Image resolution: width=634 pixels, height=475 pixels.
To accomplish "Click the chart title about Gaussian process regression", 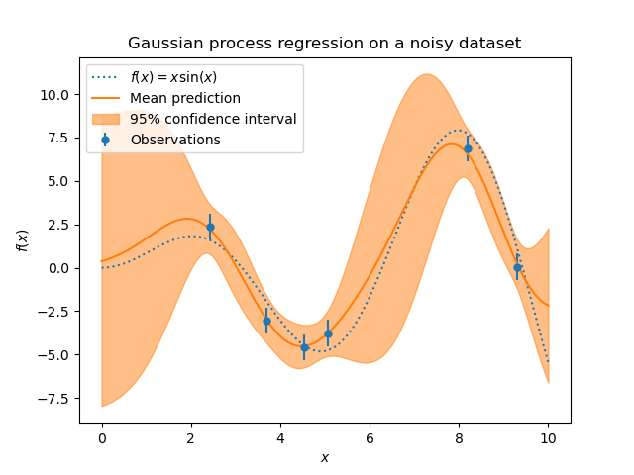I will [324, 44].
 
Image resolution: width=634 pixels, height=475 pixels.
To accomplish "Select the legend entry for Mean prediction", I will [184, 98].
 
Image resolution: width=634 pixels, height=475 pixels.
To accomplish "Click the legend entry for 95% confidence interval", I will [213, 119].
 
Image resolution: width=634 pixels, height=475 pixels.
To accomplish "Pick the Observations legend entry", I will [175, 140].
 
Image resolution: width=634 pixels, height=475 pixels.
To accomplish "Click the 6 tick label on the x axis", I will [370, 438].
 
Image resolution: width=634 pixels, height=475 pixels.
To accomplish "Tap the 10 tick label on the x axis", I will [548, 438].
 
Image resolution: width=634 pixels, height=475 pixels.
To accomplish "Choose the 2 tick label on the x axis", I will [191, 438].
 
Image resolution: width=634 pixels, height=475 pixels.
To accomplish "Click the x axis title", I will [324, 457].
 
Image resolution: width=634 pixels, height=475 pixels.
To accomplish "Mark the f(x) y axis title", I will [22, 239].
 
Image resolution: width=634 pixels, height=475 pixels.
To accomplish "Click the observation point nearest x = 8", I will [468, 148].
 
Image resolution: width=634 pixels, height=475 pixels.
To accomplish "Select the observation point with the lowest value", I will [304, 347].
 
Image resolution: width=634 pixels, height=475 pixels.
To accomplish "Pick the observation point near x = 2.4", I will [210, 227].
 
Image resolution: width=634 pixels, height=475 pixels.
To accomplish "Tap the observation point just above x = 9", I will [517, 267].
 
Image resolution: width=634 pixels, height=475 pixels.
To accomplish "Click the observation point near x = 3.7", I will [266, 321].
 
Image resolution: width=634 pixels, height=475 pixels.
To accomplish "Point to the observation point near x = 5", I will [328, 333].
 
